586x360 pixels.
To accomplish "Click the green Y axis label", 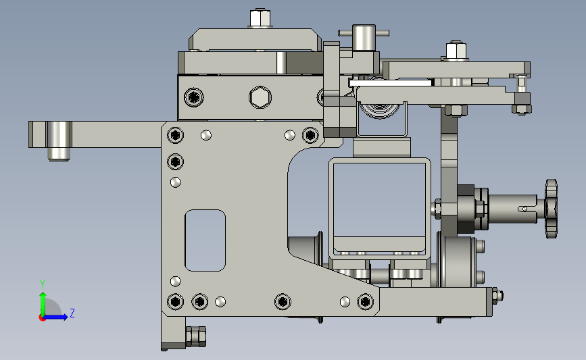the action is tap(43, 284).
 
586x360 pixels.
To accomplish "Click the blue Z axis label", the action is tap(72, 313).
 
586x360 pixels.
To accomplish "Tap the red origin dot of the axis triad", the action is tap(42, 317).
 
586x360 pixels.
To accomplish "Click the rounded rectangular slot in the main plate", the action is tap(205, 240).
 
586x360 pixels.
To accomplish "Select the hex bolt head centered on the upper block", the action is tap(260, 97).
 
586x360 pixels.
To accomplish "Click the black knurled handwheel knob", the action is tap(552, 209).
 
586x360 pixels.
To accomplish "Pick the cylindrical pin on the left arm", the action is tap(59, 140).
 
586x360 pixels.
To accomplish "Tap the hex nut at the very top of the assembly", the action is tap(260, 18).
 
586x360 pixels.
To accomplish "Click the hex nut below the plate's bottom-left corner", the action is tap(196, 336).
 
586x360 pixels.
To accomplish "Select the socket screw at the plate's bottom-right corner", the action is tap(365, 301).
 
